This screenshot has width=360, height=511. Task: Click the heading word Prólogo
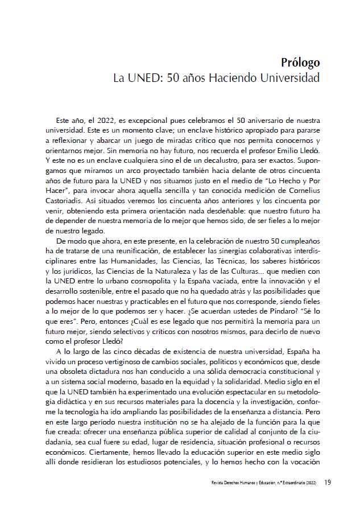point(300,62)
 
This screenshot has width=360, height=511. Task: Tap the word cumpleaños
point(296,241)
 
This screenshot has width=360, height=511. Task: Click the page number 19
point(328,483)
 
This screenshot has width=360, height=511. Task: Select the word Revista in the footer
point(218,484)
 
